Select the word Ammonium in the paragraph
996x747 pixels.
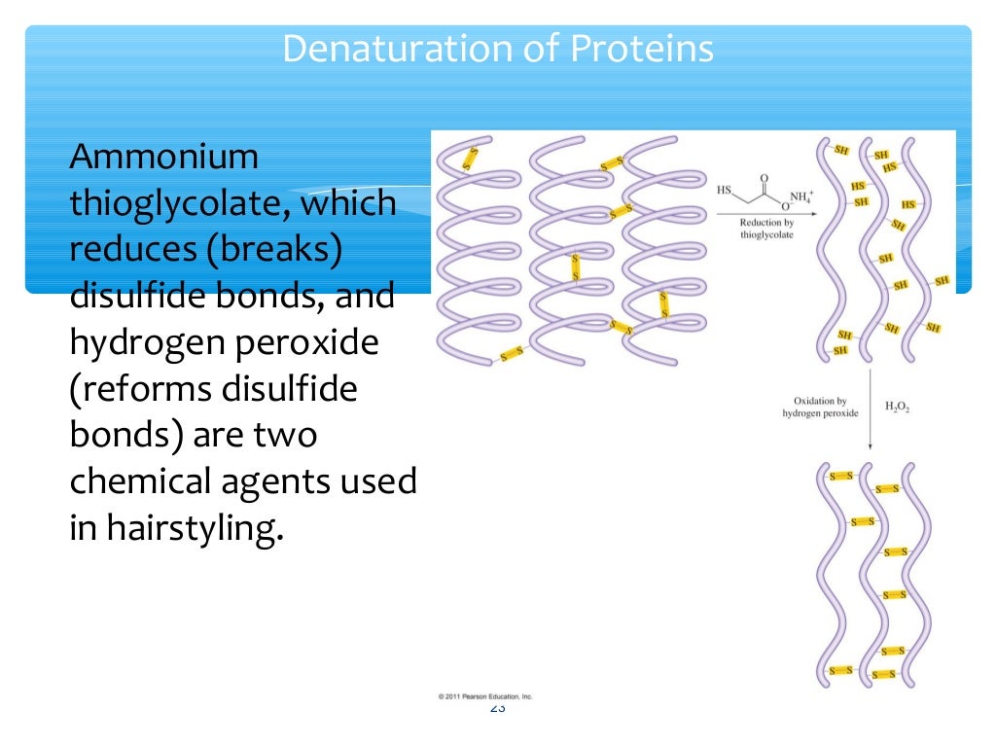[x=163, y=157]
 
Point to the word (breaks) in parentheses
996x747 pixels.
[x=275, y=249]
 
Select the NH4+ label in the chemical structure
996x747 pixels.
[x=800, y=196]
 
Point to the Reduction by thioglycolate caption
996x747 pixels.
[x=766, y=229]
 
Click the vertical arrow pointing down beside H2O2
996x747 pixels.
[x=869, y=408]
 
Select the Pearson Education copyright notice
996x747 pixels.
[x=484, y=696]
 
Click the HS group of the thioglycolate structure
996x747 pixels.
[x=725, y=191]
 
